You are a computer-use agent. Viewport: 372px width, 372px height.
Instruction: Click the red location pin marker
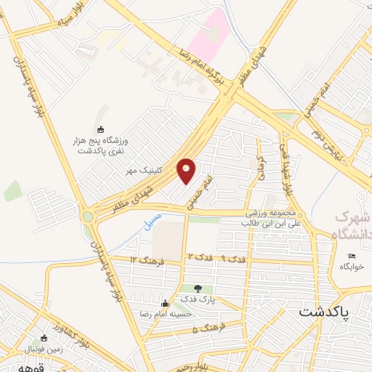point(186,169)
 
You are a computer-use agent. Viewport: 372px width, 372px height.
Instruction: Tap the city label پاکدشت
point(324,312)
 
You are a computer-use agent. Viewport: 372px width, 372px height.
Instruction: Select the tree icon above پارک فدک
point(197,289)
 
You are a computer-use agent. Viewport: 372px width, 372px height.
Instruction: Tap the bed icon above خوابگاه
point(352,256)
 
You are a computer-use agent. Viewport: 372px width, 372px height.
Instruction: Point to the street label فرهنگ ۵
point(206,329)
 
